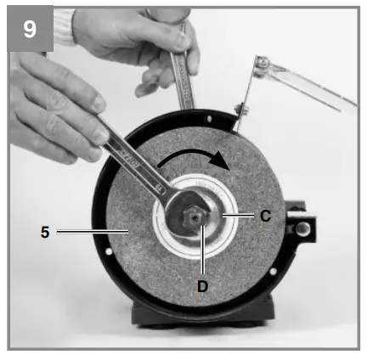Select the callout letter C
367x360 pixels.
(265, 217)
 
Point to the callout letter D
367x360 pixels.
(202, 286)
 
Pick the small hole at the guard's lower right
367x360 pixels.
(273, 271)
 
